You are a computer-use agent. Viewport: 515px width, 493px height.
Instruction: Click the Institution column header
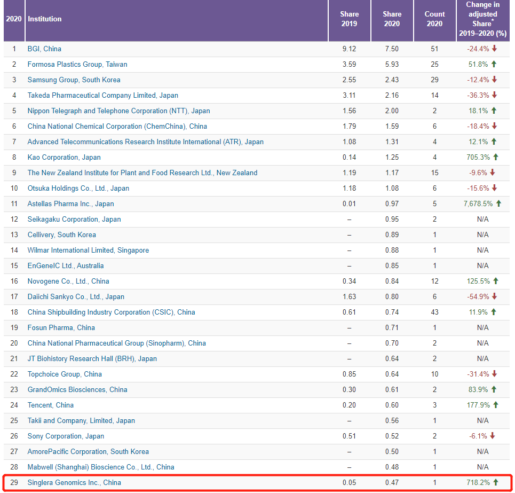click(x=45, y=19)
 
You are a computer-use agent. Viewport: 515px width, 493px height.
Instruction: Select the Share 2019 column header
click(x=349, y=19)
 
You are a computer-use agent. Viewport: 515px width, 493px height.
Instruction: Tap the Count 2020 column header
click(x=434, y=19)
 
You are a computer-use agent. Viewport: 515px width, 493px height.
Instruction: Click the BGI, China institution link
click(x=44, y=49)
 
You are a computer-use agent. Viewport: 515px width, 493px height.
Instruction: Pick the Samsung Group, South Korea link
click(x=74, y=80)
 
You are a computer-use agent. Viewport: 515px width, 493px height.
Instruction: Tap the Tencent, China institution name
click(x=51, y=405)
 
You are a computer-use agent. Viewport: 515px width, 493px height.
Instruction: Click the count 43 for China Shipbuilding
click(x=434, y=312)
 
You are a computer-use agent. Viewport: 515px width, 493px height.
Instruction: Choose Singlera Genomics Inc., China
click(x=74, y=482)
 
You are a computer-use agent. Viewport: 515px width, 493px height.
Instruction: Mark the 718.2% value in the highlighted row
click(x=478, y=482)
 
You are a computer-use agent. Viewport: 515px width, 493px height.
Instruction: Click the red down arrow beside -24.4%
click(x=495, y=49)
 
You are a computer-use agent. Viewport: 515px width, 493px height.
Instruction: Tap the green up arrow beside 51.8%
click(x=495, y=64)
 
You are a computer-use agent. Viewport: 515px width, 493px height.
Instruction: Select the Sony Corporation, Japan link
click(x=66, y=436)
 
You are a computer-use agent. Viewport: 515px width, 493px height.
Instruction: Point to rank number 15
click(x=14, y=265)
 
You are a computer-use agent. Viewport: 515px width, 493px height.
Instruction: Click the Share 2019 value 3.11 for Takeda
click(x=349, y=95)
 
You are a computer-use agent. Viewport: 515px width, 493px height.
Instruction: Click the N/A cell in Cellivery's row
click(x=482, y=234)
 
